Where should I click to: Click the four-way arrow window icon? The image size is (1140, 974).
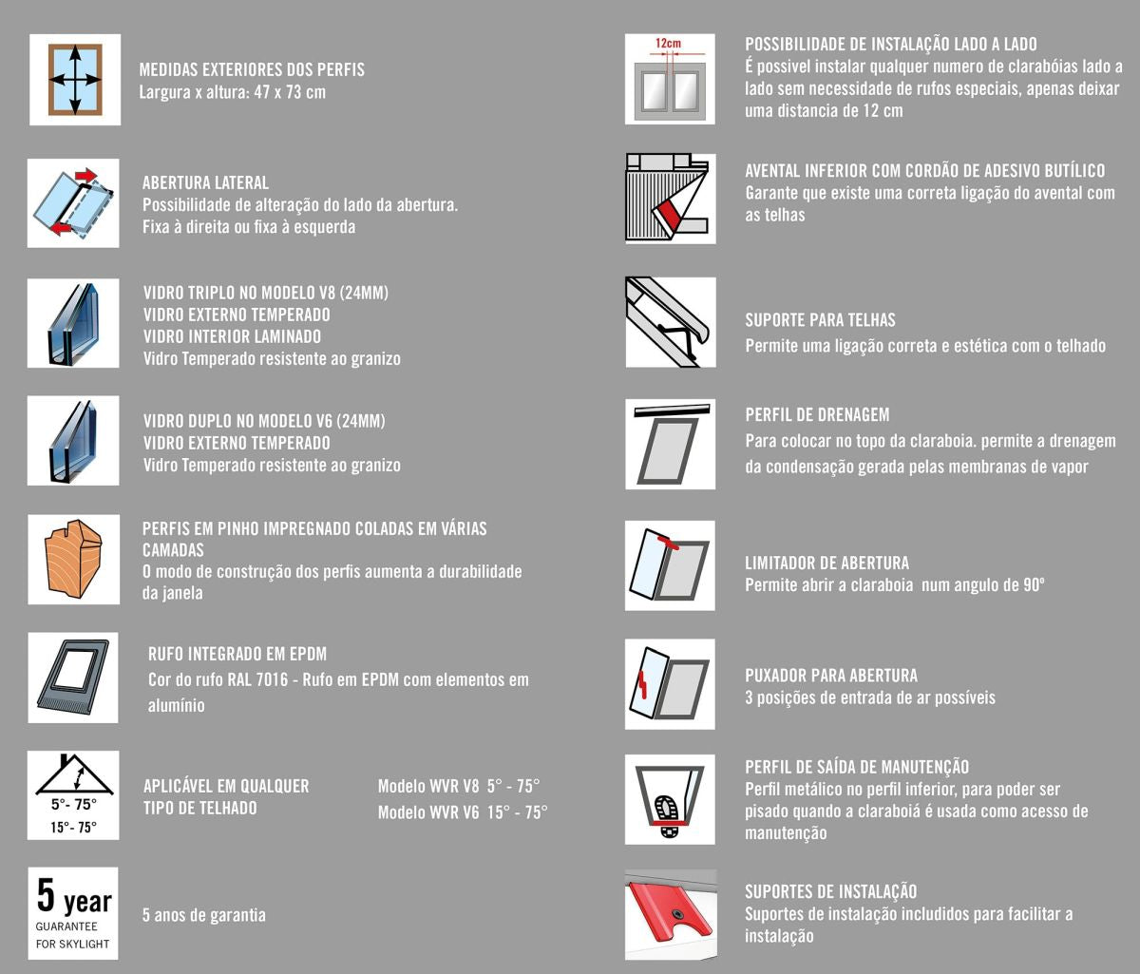click(x=74, y=80)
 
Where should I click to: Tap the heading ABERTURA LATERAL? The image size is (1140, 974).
click(x=205, y=182)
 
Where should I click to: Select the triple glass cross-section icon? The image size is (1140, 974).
click(x=74, y=323)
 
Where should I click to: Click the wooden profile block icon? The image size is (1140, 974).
click(x=74, y=560)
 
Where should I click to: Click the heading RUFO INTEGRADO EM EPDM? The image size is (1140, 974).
click(x=237, y=655)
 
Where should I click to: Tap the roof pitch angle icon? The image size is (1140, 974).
click(x=74, y=794)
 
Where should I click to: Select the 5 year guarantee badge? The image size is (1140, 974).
click(x=74, y=912)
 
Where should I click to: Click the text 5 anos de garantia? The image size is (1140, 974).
click(x=204, y=916)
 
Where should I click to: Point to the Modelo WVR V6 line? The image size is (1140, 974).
click(x=463, y=812)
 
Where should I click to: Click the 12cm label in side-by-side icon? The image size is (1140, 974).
click(x=669, y=44)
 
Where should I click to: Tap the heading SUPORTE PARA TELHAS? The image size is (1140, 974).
click(x=820, y=321)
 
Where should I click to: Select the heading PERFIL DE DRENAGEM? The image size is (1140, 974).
click(x=817, y=415)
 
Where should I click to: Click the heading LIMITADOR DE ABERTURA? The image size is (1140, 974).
click(x=826, y=563)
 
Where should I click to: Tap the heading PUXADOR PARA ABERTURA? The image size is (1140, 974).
click(x=831, y=676)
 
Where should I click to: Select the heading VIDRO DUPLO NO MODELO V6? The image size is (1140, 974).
click(x=264, y=421)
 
